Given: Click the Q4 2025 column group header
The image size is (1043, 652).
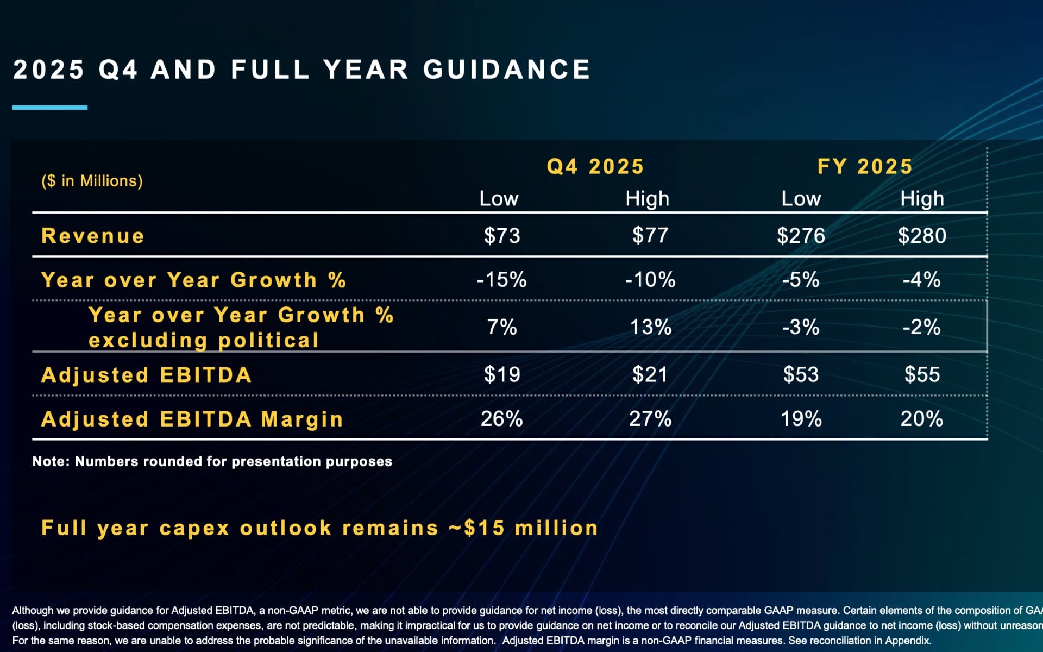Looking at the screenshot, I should (595, 166).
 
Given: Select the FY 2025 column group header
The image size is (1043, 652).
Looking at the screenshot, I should (865, 166).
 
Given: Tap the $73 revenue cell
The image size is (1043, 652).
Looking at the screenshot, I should (502, 236).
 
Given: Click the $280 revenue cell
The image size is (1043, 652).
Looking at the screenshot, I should (922, 236).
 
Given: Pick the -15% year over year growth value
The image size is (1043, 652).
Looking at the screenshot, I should (501, 280).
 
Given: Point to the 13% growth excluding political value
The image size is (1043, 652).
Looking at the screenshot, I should (650, 327).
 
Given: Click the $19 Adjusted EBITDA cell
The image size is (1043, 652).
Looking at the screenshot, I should (502, 374).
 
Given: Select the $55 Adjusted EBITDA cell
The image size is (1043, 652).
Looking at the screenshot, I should (922, 374).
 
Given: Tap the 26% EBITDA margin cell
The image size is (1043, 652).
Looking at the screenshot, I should (501, 419).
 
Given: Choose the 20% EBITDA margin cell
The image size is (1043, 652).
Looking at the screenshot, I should (921, 419).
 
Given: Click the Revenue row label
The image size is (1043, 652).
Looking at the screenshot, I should (93, 236).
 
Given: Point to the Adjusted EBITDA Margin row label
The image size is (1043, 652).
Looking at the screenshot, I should (192, 419).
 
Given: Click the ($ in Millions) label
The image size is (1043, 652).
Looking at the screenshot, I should (92, 181).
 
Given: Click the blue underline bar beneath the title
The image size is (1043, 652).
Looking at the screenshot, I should (50, 108).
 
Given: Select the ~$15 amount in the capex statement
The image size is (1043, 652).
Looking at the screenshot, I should (477, 528).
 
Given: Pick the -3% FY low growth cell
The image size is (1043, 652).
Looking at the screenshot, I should (800, 327).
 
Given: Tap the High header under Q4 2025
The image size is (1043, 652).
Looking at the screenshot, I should (647, 199).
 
